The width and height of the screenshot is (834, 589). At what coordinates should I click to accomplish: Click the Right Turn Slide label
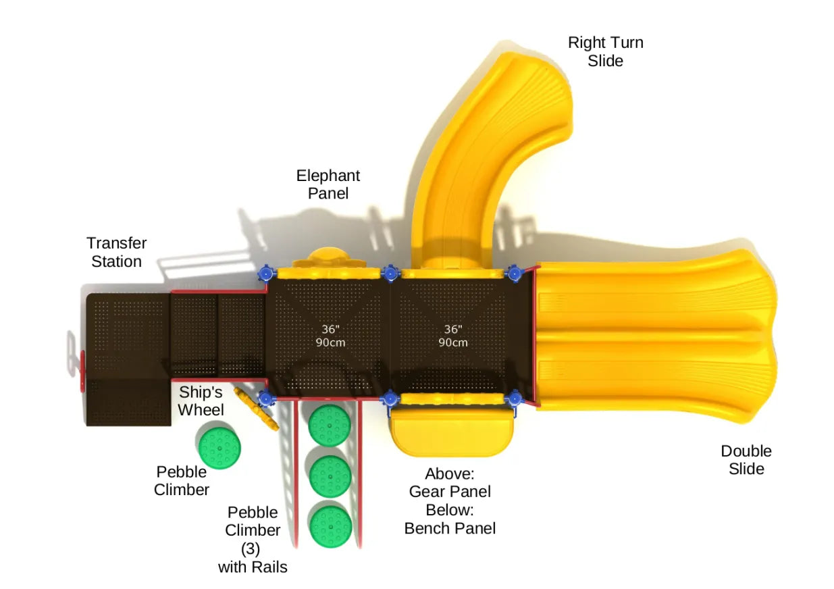tap(605, 51)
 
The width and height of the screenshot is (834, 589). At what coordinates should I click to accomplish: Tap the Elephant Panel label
tap(328, 184)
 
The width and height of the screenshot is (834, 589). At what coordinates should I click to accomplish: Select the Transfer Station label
tap(116, 252)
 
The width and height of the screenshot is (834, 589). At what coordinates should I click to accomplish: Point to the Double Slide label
tap(746, 459)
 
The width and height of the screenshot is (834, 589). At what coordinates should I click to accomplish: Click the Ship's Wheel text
tap(201, 401)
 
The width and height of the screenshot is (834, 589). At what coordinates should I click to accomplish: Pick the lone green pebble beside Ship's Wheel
tap(219, 446)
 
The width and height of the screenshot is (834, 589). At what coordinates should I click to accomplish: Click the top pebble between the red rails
tap(330, 424)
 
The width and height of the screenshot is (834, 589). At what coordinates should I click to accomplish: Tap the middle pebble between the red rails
tap(330, 476)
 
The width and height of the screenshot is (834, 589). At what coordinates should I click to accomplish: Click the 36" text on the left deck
tap(330, 329)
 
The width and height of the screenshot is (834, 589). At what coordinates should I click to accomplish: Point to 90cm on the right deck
tap(452, 342)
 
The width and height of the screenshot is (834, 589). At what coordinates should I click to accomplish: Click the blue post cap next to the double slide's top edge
tap(515, 274)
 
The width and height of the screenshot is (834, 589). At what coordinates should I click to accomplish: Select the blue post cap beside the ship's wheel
tap(265, 399)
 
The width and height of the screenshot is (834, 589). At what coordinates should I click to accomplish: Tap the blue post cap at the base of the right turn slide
tap(390, 274)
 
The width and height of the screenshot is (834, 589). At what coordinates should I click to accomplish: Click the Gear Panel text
tap(450, 491)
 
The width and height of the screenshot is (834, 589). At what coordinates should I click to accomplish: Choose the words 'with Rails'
tap(253, 567)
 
